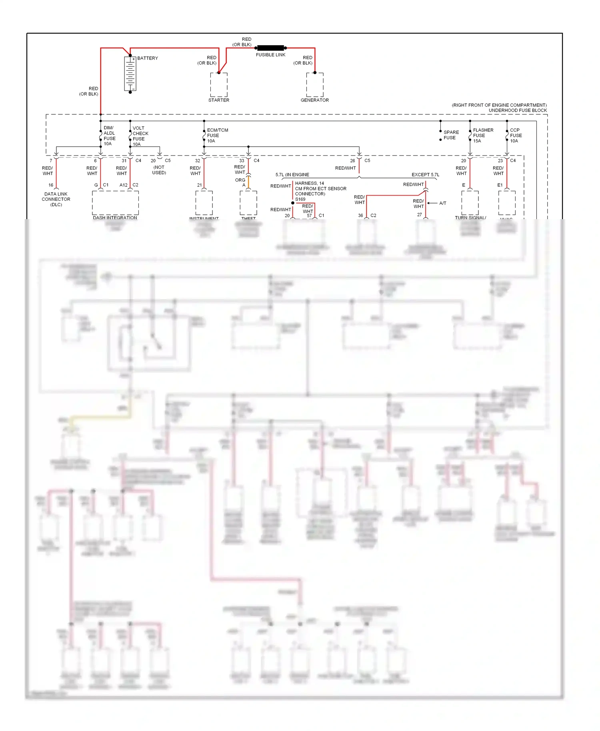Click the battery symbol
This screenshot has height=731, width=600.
pos(130,74)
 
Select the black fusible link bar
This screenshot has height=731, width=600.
pos(270,48)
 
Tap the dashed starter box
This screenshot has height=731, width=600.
pos(219,84)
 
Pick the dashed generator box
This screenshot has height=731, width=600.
pos(315,84)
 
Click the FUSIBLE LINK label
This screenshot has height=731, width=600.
pos(270,55)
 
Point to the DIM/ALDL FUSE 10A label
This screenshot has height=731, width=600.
pos(109,136)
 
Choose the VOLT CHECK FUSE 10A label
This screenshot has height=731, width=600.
pos(140,136)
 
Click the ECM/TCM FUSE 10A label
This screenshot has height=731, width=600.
pos(217,136)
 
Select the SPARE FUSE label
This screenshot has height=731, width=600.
pos(451,135)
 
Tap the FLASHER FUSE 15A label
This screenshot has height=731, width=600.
pos(482,136)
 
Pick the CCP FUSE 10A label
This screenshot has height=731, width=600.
pos(516,136)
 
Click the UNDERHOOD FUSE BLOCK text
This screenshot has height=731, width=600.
pos(518,110)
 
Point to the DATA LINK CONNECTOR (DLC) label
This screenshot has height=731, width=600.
pos(56,199)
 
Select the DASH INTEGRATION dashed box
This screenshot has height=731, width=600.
pos(115,203)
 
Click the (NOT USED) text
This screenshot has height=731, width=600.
pos(159,170)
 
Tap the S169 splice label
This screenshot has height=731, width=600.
pos(300,199)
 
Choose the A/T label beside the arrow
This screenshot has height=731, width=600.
pos(442,203)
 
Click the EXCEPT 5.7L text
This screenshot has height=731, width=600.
pos(425,175)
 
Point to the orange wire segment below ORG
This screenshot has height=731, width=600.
pos(248,182)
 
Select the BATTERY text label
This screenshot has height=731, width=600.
pos(148,58)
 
